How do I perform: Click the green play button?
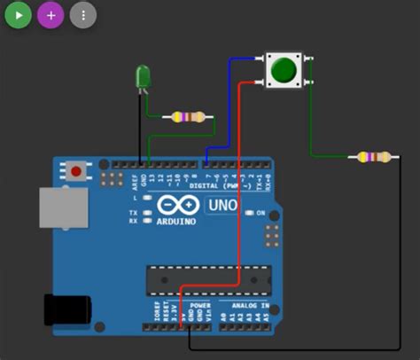pyautogui.click(x=18, y=15)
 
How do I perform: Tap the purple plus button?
pyautogui.click(x=51, y=15)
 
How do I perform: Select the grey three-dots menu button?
pyautogui.click(x=83, y=15)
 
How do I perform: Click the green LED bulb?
pyautogui.click(x=142, y=77)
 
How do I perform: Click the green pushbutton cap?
pyautogui.click(x=284, y=69)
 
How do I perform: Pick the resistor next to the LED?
pyautogui.click(x=189, y=117)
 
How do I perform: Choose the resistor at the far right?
pyautogui.click(x=371, y=158)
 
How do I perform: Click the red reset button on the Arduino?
pyautogui.click(x=76, y=170)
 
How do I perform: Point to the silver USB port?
pyautogui.click(x=65, y=207)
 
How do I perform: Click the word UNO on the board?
pyautogui.click(x=222, y=206)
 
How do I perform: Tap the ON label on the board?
pyautogui.click(x=261, y=213)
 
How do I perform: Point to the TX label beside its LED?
pyautogui.click(x=133, y=213)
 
